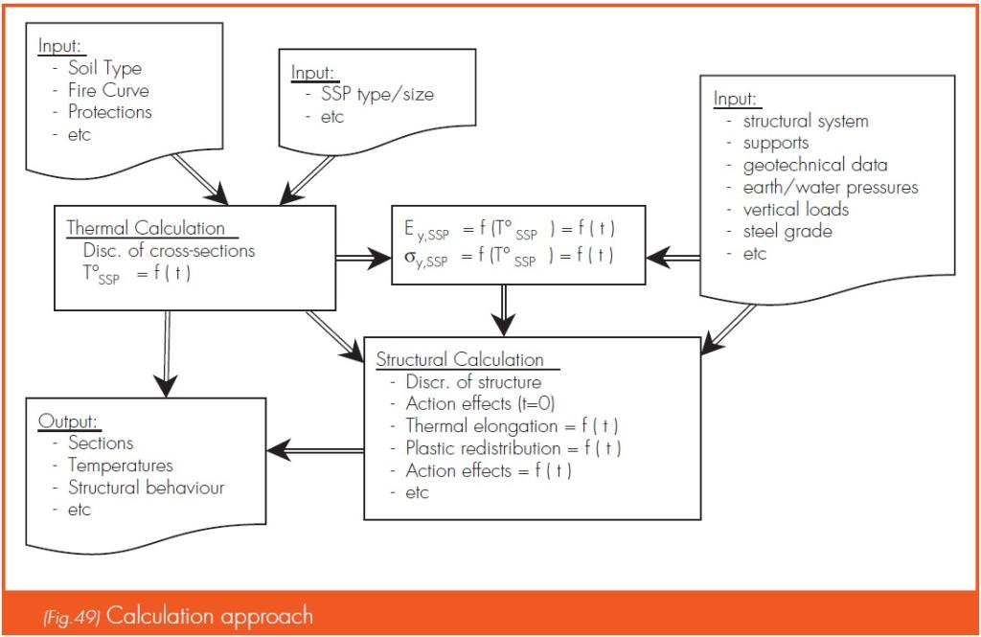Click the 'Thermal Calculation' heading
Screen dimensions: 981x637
pyautogui.click(x=146, y=228)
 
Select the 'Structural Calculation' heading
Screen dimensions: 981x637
pyautogui.click(x=460, y=359)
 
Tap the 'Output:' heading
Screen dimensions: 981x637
pyautogui.click(x=68, y=421)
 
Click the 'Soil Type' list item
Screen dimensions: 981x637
pyautogui.click(x=105, y=68)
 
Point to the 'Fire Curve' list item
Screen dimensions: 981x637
pyautogui.click(x=109, y=90)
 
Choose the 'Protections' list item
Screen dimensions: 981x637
pyautogui.click(x=110, y=112)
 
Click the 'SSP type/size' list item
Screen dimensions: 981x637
pyautogui.click(x=377, y=95)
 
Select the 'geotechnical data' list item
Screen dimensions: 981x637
pyautogui.click(x=815, y=165)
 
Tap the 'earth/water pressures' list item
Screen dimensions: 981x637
pyautogui.click(x=831, y=187)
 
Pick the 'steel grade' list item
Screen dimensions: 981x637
pyautogui.click(x=787, y=232)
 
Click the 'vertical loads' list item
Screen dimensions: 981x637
pyautogui.click(x=796, y=209)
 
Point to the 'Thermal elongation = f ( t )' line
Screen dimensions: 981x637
pyautogui.click(x=512, y=426)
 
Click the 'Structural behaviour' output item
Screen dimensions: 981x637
pyautogui.click(x=147, y=488)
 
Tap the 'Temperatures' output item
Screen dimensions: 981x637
pyautogui.click(x=121, y=466)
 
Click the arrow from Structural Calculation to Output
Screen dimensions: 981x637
pyautogui.click(x=316, y=450)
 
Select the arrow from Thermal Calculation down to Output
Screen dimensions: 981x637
pyautogui.click(x=167, y=353)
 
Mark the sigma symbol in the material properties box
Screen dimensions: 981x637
pyautogui.click(x=409, y=256)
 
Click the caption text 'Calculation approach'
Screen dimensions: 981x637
pyautogui.click(x=210, y=616)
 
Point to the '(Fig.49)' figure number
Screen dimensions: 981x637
pyautogui.click(x=71, y=618)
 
